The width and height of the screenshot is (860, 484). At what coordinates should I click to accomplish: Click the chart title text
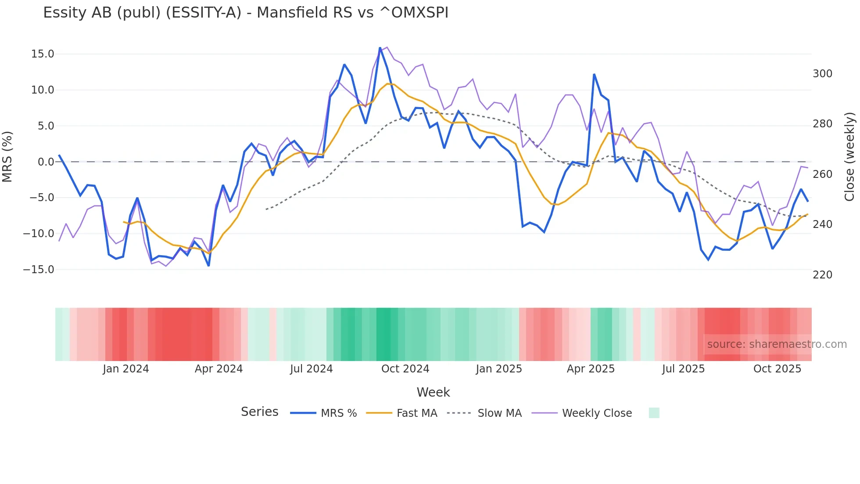[x=246, y=12]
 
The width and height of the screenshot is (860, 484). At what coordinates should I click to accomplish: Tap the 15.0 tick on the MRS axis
[x=43, y=54]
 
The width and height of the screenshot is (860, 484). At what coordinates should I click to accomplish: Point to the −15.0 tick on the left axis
[x=39, y=270]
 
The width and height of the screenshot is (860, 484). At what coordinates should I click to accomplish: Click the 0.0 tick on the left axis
[x=46, y=162]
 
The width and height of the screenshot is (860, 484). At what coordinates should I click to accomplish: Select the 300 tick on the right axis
[x=822, y=74]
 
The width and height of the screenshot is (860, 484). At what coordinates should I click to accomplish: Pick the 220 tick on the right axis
[x=822, y=275]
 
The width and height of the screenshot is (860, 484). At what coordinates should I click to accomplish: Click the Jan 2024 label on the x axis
[x=126, y=369]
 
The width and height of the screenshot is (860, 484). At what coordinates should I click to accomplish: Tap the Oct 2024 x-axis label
[x=405, y=369]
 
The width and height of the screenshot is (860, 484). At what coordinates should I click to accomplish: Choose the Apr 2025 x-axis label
[x=591, y=369]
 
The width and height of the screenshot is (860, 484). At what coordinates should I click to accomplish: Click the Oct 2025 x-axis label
[x=777, y=369]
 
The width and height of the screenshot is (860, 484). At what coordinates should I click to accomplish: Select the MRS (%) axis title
[x=7, y=157]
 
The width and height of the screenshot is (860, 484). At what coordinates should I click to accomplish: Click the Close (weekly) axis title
[x=850, y=157]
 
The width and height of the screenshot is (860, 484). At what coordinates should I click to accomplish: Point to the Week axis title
[x=433, y=392]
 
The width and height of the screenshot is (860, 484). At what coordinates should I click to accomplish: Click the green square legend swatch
[x=654, y=413]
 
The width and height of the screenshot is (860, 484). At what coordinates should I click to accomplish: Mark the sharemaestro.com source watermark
[x=777, y=344]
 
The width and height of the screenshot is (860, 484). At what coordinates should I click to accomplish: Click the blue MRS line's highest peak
[x=380, y=48]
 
